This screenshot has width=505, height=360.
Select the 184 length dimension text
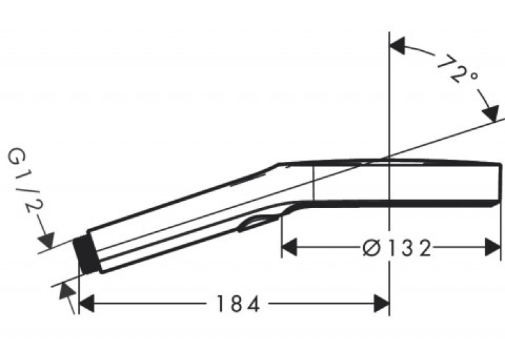(238, 304)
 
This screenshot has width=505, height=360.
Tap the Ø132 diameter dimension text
(397, 248)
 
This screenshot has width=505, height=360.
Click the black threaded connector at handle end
(86, 255)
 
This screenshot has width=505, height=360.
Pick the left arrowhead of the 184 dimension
(86, 303)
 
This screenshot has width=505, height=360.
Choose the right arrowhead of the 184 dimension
(382, 303)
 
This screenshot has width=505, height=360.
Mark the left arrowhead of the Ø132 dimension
(289, 248)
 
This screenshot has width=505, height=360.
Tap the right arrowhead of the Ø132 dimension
(492, 248)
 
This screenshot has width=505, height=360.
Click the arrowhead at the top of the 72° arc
(397, 46)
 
